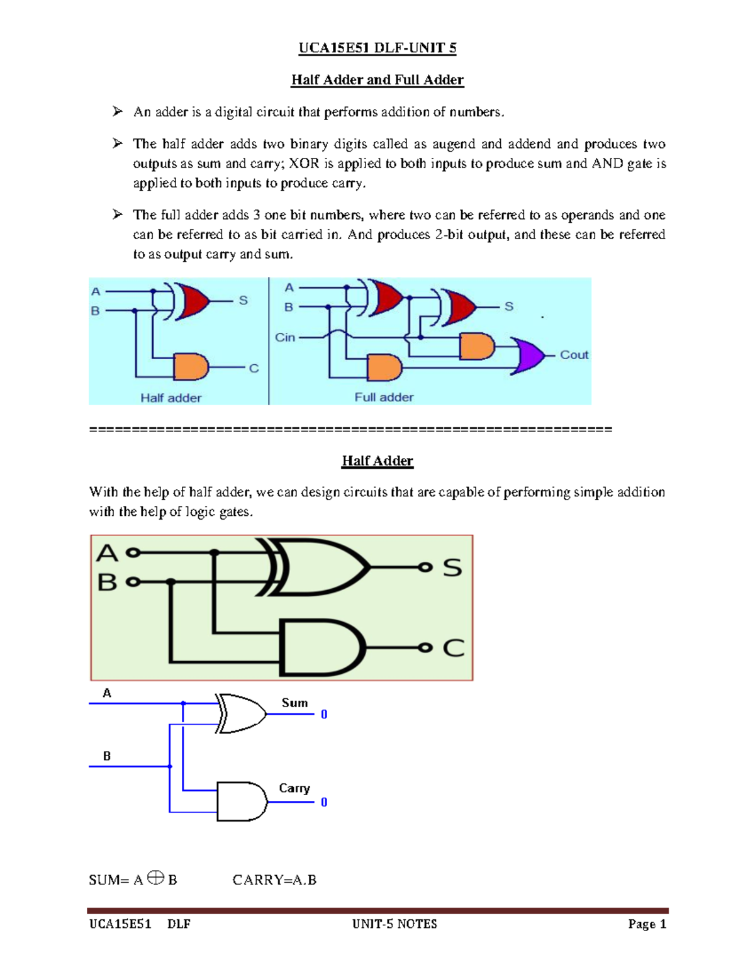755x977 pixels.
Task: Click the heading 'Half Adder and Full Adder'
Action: (x=377, y=80)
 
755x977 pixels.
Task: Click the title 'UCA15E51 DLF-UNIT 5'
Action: (x=377, y=48)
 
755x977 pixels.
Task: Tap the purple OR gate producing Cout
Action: (x=528, y=355)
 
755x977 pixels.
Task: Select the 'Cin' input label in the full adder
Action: (x=285, y=337)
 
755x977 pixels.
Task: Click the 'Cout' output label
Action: (x=574, y=355)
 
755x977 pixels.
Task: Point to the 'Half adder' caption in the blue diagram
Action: (x=171, y=398)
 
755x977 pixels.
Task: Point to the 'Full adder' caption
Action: (x=384, y=397)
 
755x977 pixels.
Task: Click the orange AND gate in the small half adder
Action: (x=191, y=367)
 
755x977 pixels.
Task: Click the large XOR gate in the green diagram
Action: (x=321, y=567)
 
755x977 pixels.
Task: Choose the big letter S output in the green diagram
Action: (x=452, y=567)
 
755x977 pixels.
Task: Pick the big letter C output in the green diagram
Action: (x=453, y=648)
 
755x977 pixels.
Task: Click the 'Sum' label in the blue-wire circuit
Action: (x=294, y=703)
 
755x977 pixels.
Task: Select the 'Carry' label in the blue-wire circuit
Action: (x=294, y=788)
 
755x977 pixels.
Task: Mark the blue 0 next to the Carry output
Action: (x=324, y=802)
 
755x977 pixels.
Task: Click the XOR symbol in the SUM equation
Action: (x=156, y=878)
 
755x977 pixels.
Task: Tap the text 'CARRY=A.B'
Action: (x=274, y=880)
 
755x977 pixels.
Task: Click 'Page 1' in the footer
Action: (x=647, y=924)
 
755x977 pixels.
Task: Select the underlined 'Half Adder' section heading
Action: (x=377, y=461)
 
